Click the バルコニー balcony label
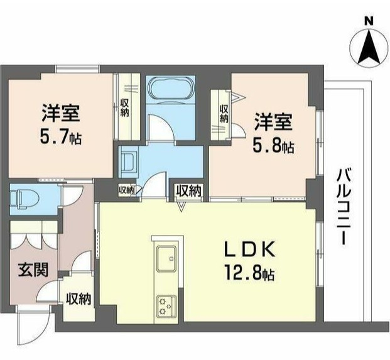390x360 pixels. click(343, 207)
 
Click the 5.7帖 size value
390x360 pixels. click(61, 137)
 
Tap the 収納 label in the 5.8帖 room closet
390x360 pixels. click(224, 112)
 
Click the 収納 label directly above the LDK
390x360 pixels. click(188, 190)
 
